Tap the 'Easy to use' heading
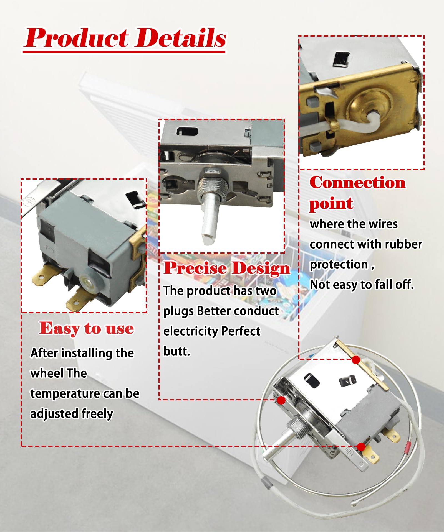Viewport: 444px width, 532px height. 87,329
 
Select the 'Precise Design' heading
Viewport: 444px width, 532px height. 227,268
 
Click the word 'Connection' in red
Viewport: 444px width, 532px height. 357,182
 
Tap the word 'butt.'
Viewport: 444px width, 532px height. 177,351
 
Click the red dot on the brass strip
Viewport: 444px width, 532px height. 356,360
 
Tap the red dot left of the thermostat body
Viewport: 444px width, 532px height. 281,400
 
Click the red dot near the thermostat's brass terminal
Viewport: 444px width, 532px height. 361,447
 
